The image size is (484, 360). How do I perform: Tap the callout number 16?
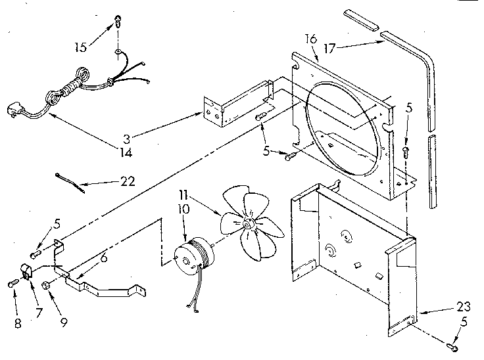coord(311,39)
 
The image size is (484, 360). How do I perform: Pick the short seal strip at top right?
coord(363,19)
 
